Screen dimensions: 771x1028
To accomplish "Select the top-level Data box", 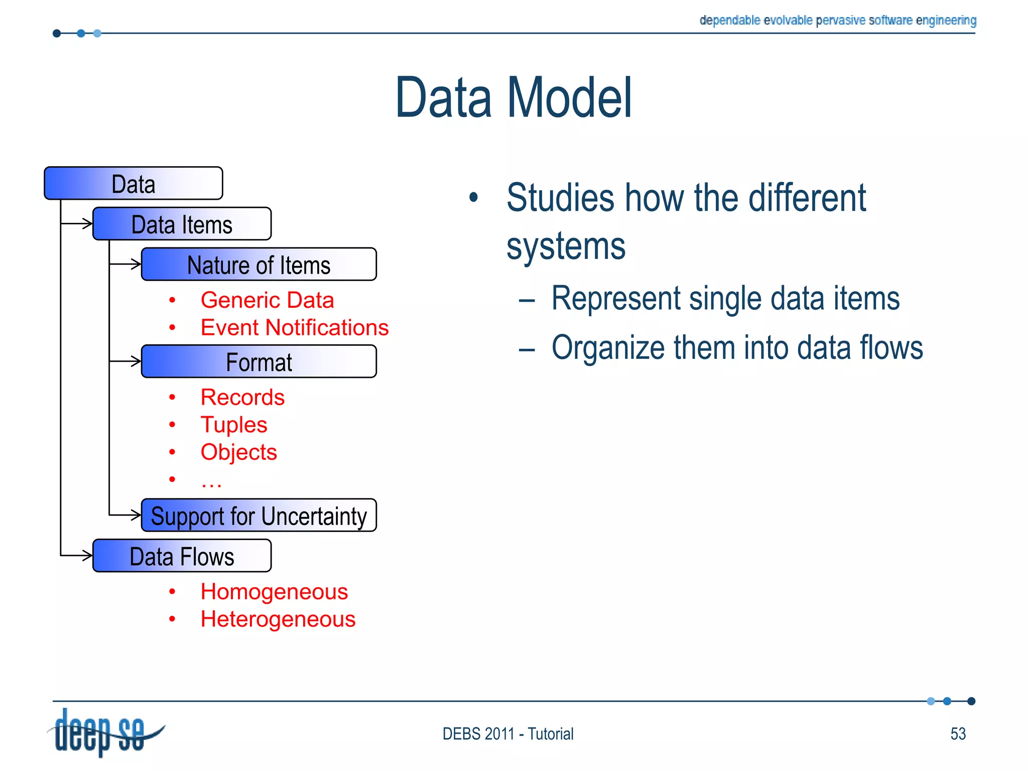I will [x=133, y=184].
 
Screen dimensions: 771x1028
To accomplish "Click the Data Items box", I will [x=182, y=224].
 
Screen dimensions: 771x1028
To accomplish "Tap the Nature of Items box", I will [x=259, y=265].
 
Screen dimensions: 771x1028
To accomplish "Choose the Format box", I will [x=259, y=361].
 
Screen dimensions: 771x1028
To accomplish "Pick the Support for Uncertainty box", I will [x=259, y=516].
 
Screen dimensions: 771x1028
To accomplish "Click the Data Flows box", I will [x=182, y=556].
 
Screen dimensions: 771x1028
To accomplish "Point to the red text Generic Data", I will [x=267, y=300].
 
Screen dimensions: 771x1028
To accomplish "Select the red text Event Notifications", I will [x=294, y=328].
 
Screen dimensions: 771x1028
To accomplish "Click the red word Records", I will [x=242, y=397].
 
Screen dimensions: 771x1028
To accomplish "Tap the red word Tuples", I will [x=234, y=425].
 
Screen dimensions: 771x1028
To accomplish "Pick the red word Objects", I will [x=238, y=452].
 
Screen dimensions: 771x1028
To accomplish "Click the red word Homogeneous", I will [x=274, y=592].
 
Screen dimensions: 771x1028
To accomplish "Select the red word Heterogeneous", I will [x=278, y=619].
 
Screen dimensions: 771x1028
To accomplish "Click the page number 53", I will [x=958, y=734].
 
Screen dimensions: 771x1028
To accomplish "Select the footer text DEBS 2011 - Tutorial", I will [x=507, y=734].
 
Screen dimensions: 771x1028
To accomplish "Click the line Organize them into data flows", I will [x=736, y=347].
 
